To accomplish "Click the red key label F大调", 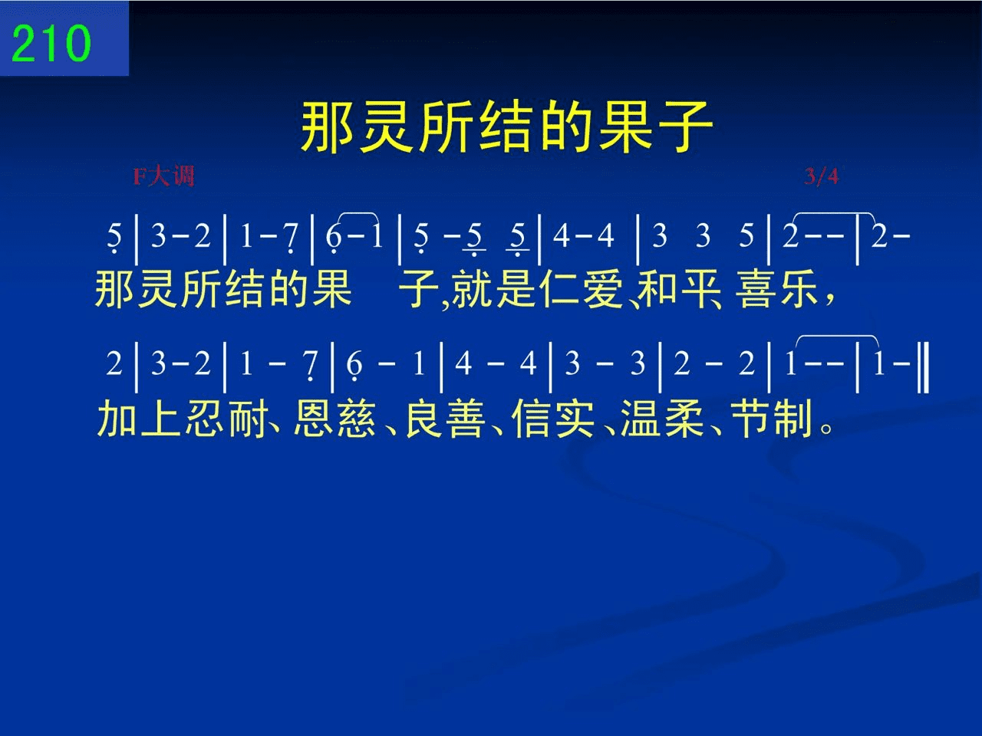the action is click(163, 176).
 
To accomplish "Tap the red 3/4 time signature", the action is click(822, 176).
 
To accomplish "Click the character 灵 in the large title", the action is click(386, 127).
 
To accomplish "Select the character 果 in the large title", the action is click(625, 127).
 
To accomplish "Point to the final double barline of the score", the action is click(924, 367).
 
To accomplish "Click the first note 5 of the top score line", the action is click(114, 238).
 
